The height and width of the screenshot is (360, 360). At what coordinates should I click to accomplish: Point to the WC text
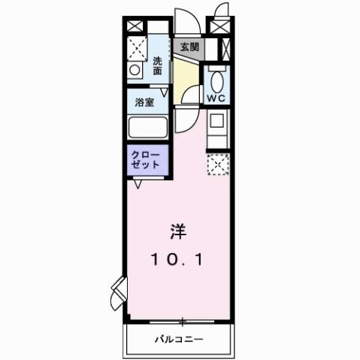pos(217,98)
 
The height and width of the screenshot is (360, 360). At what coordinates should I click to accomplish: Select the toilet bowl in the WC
pos(217,79)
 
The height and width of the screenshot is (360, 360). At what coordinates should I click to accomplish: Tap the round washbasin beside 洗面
pos(135,70)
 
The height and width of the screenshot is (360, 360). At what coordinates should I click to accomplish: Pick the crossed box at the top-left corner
pos(134,26)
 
